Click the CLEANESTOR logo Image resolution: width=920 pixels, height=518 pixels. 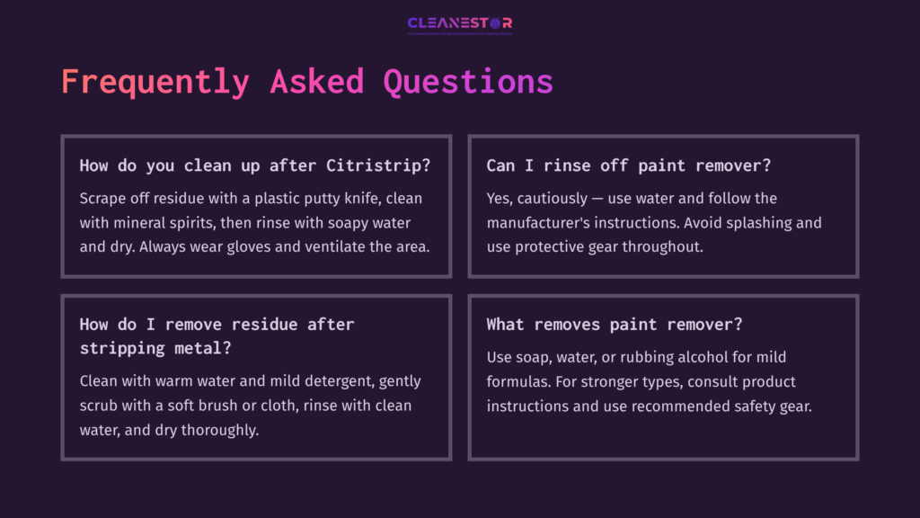459,24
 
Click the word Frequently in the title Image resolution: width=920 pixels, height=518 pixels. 155,82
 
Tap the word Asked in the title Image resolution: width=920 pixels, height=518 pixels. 317,82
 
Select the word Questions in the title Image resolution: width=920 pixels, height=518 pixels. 467,82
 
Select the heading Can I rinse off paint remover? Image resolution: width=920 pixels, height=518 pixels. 629,165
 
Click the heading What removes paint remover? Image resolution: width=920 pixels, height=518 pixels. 615,324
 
